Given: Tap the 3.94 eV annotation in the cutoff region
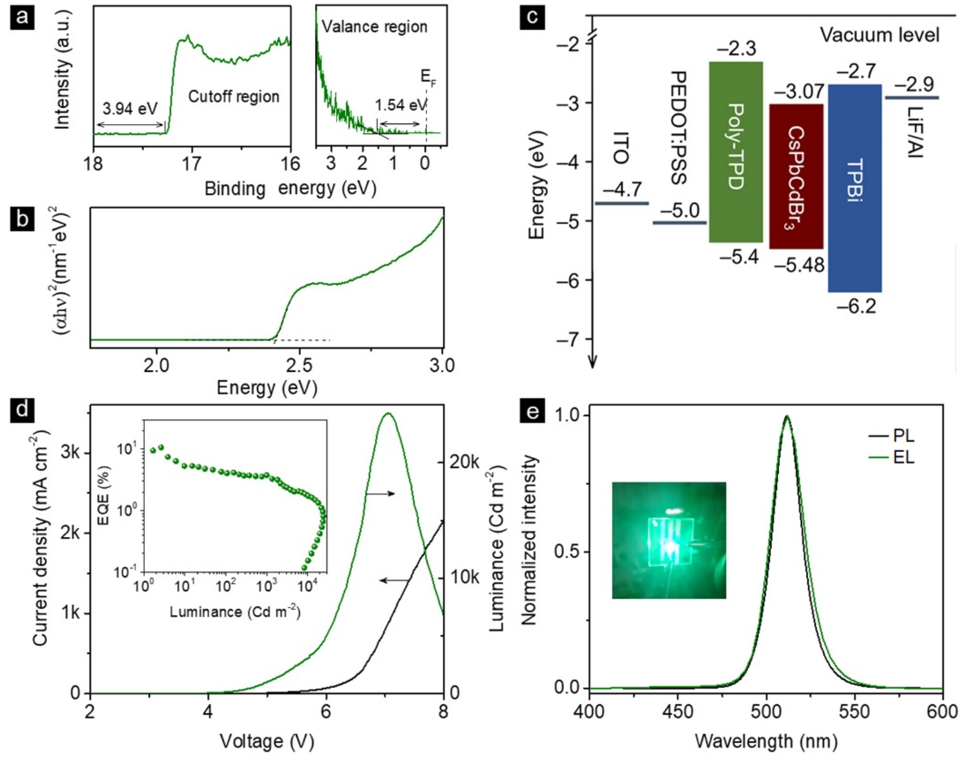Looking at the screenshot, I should click(130, 108).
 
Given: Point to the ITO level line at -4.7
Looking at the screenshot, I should click(622, 204).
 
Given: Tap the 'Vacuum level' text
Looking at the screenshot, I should click(879, 35).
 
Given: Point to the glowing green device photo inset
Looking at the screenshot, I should click(669, 540).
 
